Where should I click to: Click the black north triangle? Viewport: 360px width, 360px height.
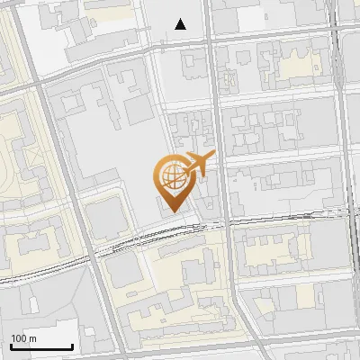181,24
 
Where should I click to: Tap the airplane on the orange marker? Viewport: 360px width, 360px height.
197,166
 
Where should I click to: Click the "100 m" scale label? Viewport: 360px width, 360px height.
23,337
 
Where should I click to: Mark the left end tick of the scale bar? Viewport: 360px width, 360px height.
11,346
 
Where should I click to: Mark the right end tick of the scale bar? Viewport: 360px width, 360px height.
72,346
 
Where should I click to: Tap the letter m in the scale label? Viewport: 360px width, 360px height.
32,338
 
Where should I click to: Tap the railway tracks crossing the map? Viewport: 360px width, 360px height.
270,219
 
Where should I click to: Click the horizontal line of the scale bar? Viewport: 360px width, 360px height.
41,347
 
